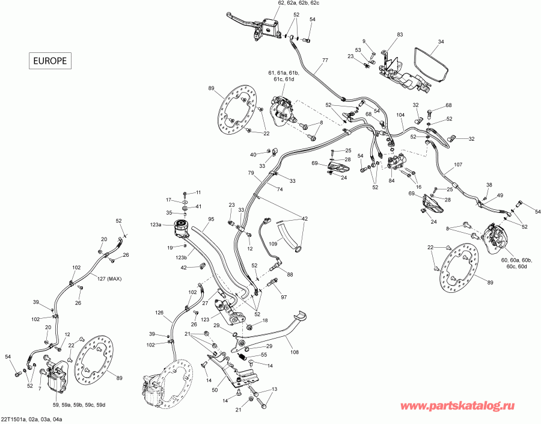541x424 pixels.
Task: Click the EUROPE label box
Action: click(50, 61)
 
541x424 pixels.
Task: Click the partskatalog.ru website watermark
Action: click(457, 406)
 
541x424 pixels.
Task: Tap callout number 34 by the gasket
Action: click(441, 41)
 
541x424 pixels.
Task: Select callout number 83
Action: click(400, 35)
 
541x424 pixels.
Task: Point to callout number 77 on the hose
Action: click(325, 60)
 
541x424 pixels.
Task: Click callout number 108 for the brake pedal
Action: click(295, 352)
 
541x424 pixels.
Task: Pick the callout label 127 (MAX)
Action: click(109, 279)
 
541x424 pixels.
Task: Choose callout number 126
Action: click(159, 313)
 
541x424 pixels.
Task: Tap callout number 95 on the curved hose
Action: click(211, 219)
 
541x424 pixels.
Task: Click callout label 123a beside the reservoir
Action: click(156, 225)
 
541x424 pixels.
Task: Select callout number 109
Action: click(273, 244)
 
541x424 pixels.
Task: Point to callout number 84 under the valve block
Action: click(391, 181)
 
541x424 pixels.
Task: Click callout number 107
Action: click(458, 165)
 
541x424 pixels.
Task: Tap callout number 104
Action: click(400, 115)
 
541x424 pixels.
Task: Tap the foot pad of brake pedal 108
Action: click(299, 316)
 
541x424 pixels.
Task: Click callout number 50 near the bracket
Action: click(215, 390)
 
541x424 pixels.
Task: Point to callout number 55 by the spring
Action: click(264, 355)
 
